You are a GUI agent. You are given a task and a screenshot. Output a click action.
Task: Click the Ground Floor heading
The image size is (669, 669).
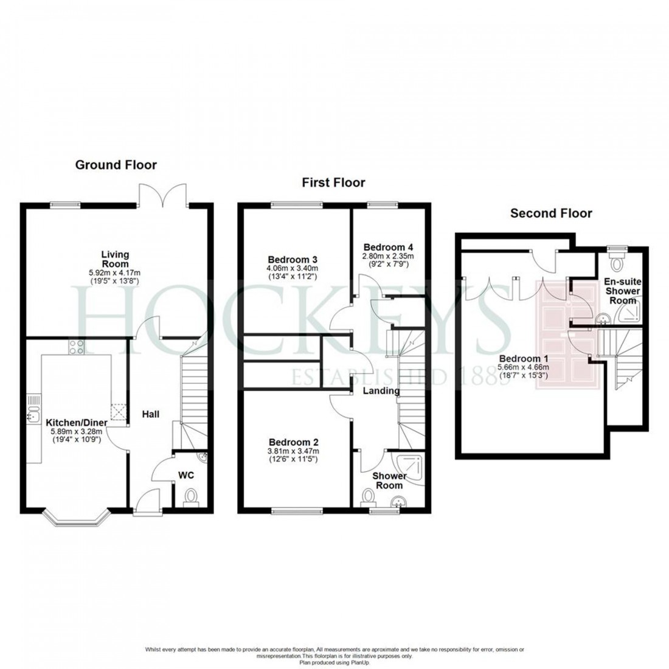(116, 165)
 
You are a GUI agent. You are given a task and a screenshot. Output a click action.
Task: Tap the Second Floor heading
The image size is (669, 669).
(551, 213)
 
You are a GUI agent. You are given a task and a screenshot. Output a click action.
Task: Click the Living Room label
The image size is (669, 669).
(116, 259)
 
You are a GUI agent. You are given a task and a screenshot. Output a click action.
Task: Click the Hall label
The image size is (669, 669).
(150, 414)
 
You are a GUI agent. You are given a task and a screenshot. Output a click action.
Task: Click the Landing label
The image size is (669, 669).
(381, 391)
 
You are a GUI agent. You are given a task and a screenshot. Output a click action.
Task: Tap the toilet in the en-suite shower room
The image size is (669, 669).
(619, 263)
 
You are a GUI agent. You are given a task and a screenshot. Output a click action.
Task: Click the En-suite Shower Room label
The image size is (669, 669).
(623, 291)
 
